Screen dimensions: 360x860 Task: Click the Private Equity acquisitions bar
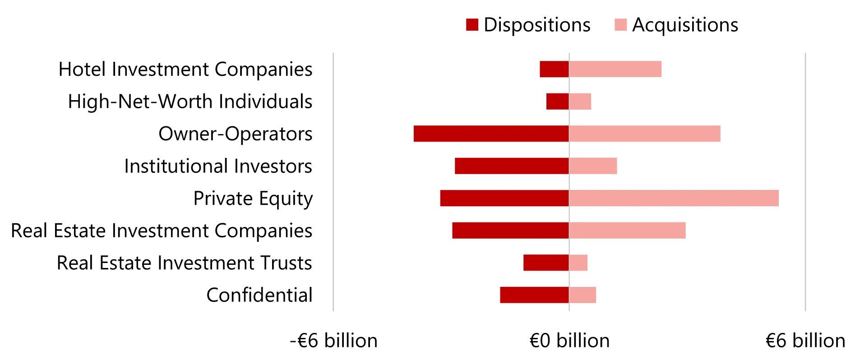674,198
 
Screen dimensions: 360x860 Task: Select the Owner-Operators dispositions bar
491,134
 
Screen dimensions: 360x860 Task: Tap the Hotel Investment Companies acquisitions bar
615,69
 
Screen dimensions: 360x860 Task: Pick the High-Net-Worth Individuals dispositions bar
557,102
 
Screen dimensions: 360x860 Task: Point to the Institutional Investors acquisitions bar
593,166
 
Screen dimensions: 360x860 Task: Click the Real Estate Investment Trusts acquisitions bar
578,263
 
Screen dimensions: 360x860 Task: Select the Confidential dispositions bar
534,295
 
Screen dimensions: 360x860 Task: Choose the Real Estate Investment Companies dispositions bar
510,231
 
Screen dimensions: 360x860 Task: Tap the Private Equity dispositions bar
504,198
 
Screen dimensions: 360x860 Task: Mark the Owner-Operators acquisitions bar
645,134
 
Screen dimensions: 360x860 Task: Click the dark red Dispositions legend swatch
472,25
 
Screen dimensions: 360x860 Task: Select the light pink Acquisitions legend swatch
620,25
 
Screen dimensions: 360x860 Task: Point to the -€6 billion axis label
333,341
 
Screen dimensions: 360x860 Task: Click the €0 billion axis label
569,341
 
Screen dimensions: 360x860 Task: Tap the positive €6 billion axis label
805,341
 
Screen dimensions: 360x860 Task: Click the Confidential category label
259,295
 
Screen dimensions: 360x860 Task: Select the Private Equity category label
253,198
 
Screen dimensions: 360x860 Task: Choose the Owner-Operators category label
236,134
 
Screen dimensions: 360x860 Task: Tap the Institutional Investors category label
218,166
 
